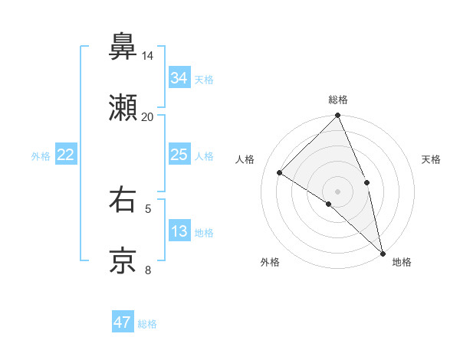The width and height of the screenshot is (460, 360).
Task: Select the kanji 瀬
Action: (x=123, y=108)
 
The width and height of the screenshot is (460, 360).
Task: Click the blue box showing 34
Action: (x=179, y=78)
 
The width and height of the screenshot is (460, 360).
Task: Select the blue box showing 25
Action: (x=179, y=155)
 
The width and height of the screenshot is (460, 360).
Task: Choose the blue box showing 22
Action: (x=66, y=155)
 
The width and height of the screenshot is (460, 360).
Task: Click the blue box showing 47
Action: (x=123, y=322)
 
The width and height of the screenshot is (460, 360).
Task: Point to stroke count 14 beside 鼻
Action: (x=147, y=56)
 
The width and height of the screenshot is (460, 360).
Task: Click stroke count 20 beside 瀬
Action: (x=147, y=117)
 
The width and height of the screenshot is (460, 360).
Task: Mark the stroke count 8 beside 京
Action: (x=147, y=270)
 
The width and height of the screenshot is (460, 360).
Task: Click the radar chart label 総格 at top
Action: (x=338, y=100)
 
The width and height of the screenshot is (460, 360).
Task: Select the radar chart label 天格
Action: (x=431, y=159)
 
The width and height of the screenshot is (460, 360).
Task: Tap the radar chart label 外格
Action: (x=270, y=263)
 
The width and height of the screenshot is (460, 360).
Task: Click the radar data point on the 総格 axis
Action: (x=338, y=116)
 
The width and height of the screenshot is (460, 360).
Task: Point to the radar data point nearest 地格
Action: (x=382, y=251)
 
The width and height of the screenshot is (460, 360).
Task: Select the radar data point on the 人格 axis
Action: (x=281, y=172)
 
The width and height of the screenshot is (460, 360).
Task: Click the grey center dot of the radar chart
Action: (x=338, y=191)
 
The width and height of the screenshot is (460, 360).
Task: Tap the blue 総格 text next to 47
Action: (x=148, y=324)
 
